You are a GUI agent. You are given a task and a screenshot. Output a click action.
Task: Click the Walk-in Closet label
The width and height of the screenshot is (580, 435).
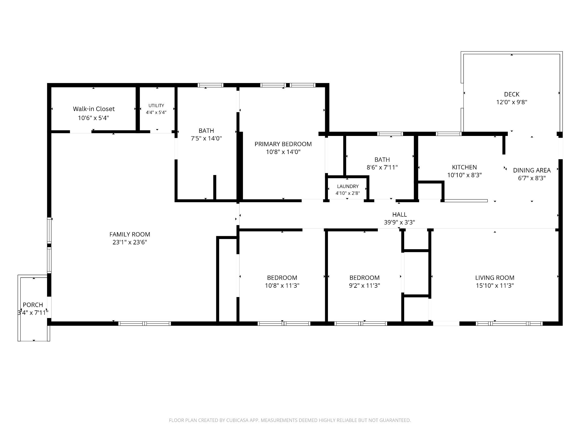coord(94,109)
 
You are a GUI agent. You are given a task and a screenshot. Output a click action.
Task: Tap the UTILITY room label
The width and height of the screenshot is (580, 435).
coord(156,106)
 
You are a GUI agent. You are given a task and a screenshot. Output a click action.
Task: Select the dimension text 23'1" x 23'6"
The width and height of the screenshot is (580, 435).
coord(130,242)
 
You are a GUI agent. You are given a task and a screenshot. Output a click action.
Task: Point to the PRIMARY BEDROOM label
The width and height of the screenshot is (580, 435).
coord(283,144)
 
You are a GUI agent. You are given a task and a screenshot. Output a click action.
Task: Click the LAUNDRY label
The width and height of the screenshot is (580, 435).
coord(348,186)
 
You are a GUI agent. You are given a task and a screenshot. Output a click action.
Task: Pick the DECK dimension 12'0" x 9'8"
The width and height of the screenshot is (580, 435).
coord(512,102)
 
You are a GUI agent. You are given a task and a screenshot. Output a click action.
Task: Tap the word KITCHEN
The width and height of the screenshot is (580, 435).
coord(464,167)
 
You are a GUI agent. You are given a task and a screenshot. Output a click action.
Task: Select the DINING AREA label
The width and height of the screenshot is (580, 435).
coord(532,170)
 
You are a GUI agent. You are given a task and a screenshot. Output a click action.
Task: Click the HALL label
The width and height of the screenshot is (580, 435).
coord(400,215)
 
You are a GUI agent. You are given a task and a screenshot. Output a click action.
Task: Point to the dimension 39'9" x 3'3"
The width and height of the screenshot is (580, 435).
coord(400,222)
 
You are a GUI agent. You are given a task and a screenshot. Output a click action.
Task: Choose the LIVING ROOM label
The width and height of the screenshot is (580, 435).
coord(495,278)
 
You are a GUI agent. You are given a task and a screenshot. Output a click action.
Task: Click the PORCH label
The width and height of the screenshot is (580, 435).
coord(33,305)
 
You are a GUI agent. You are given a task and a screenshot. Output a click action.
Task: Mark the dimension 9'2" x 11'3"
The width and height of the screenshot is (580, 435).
coord(364,285)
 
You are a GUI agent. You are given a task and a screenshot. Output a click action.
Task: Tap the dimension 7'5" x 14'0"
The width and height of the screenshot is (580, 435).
coord(206,138)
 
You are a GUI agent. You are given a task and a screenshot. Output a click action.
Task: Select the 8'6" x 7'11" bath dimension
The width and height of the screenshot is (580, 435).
coord(382,167)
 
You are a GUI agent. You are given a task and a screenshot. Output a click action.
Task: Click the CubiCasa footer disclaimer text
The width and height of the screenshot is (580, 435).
coord(290,420)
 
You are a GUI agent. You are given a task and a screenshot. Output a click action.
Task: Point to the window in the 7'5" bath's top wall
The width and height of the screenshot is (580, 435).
coord(210,85)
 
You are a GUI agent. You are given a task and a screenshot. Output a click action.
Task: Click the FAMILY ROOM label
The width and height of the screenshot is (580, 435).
coord(130,234)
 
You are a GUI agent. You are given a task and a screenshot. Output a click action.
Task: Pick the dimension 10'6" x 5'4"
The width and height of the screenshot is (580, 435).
coord(93,118)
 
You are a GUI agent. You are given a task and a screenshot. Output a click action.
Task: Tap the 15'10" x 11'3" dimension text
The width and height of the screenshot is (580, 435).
coord(495,285)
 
